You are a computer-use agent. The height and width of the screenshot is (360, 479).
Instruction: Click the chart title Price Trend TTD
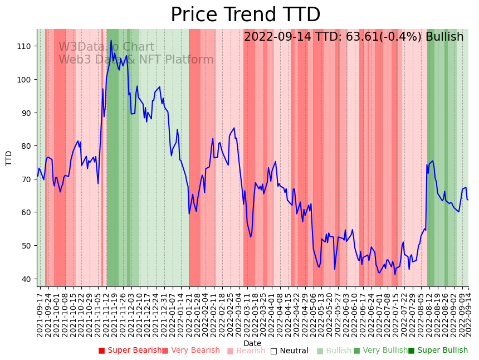coord(245,15)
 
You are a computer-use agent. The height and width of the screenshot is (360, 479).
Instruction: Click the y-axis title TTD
coord(9,158)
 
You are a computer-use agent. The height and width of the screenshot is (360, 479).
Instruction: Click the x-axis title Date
coord(252,343)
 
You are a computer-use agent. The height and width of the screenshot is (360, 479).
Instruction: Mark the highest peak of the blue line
coord(111,40)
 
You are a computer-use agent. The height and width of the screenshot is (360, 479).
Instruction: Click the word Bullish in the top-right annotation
coord(444,37)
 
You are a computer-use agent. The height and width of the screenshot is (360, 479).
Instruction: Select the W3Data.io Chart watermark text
coord(106,47)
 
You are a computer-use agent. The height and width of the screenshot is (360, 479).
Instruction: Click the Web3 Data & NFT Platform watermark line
coord(136,60)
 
